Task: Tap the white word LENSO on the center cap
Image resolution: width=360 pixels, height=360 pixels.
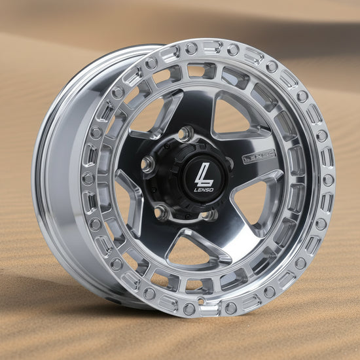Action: pos(204,190)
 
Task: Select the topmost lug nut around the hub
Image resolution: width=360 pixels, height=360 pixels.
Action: pos(187,134)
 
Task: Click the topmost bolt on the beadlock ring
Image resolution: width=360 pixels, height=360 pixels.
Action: pos(191,48)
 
